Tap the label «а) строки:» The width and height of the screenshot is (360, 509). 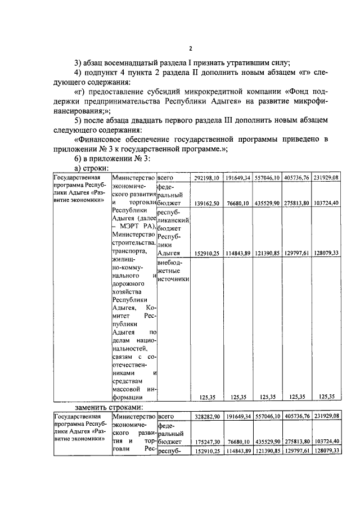click(92, 168)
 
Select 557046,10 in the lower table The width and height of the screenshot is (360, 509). click(267, 417)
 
